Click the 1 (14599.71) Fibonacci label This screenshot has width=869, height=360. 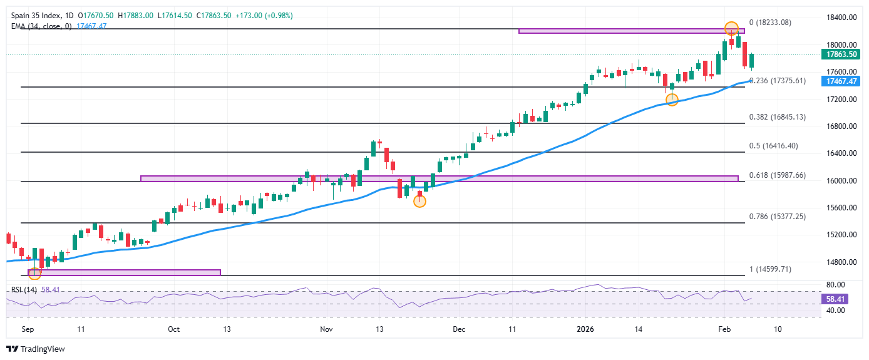pyautogui.click(x=770, y=269)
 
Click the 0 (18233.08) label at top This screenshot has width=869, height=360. pyautogui.click(x=770, y=23)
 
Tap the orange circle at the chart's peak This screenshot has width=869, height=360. pyautogui.click(x=731, y=28)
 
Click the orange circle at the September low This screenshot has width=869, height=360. pyautogui.click(x=34, y=272)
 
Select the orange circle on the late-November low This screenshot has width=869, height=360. pyautogui.click(x=419, y=201)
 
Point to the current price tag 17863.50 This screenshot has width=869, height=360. pyautogui.click(x=840, y=54)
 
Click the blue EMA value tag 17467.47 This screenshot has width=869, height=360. pyautogui.click(x=840, y=81)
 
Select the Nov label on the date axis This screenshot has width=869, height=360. pyautogui.click(x=325, y=329)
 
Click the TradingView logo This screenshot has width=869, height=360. pyautogui.click(x=36, y=349)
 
